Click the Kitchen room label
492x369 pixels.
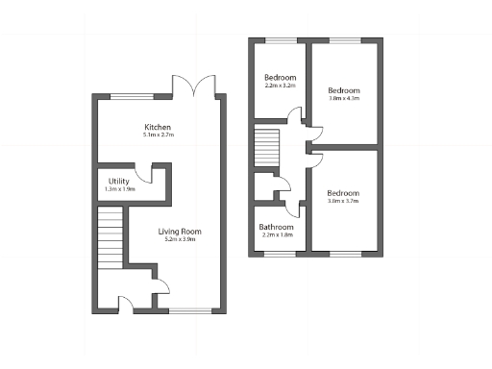[158, 128]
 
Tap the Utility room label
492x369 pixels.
[119, 181]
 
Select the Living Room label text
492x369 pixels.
[179, 231]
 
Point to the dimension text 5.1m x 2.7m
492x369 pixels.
[158, 136]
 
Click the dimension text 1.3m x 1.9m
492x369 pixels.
[119, 189]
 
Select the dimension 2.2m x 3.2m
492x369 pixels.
[280, 86]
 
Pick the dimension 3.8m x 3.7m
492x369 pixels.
[344, 201]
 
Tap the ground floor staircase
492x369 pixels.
[111, 240]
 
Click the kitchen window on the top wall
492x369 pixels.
[132, 95]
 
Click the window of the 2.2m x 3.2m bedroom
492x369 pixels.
[280, 40]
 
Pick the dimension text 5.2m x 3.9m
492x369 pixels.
[179, 239]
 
